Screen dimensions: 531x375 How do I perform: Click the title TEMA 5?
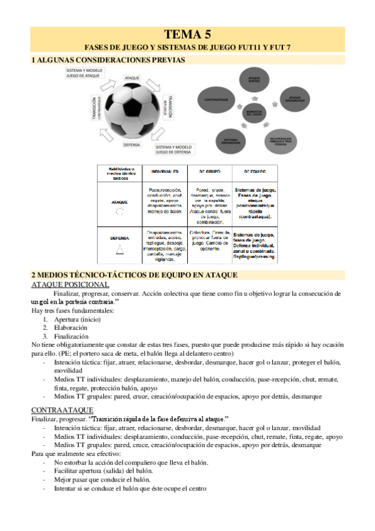(187, 34)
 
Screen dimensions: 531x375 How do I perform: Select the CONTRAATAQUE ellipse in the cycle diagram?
(217, 99)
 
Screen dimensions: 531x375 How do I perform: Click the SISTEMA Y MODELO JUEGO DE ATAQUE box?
(85, 73)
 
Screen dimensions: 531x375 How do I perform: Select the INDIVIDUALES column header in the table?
(164, 171)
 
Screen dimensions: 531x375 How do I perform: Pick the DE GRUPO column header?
(207, 171)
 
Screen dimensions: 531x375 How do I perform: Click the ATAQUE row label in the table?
(120, 202)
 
